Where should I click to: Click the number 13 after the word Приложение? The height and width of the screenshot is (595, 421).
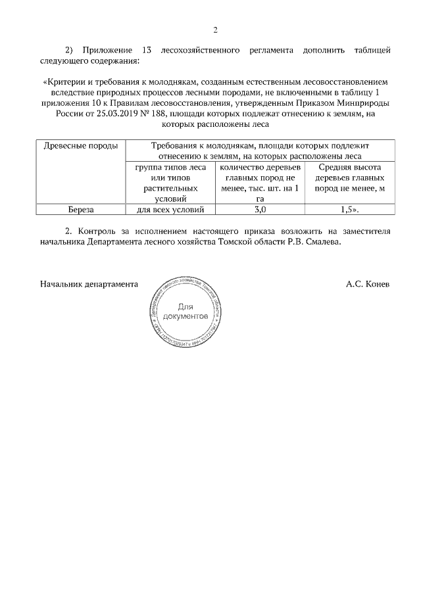click(147, 51)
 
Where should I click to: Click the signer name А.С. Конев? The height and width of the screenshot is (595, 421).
click(368, 285)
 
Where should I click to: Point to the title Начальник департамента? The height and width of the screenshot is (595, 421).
click(89, 285)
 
